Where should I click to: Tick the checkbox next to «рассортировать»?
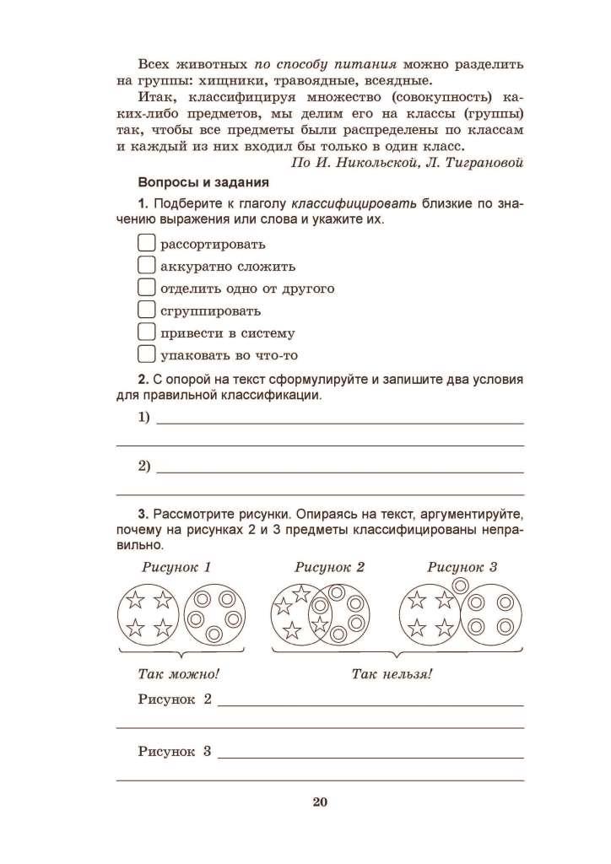(146, 244)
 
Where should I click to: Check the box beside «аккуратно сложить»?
(146, 266)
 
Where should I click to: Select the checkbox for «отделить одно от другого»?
(146, 288)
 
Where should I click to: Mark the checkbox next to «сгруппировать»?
(146, 310)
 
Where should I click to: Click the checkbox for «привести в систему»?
(146, 332)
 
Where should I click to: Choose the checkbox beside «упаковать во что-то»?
(146, 354)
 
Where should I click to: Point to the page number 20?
(319, 802)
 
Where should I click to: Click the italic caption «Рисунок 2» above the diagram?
(329, 567)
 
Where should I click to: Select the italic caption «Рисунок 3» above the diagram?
(462, 567)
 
